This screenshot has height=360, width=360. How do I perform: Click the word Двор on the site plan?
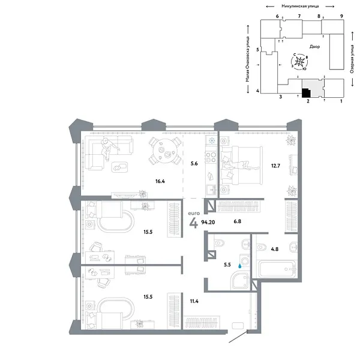tap(315, 46)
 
